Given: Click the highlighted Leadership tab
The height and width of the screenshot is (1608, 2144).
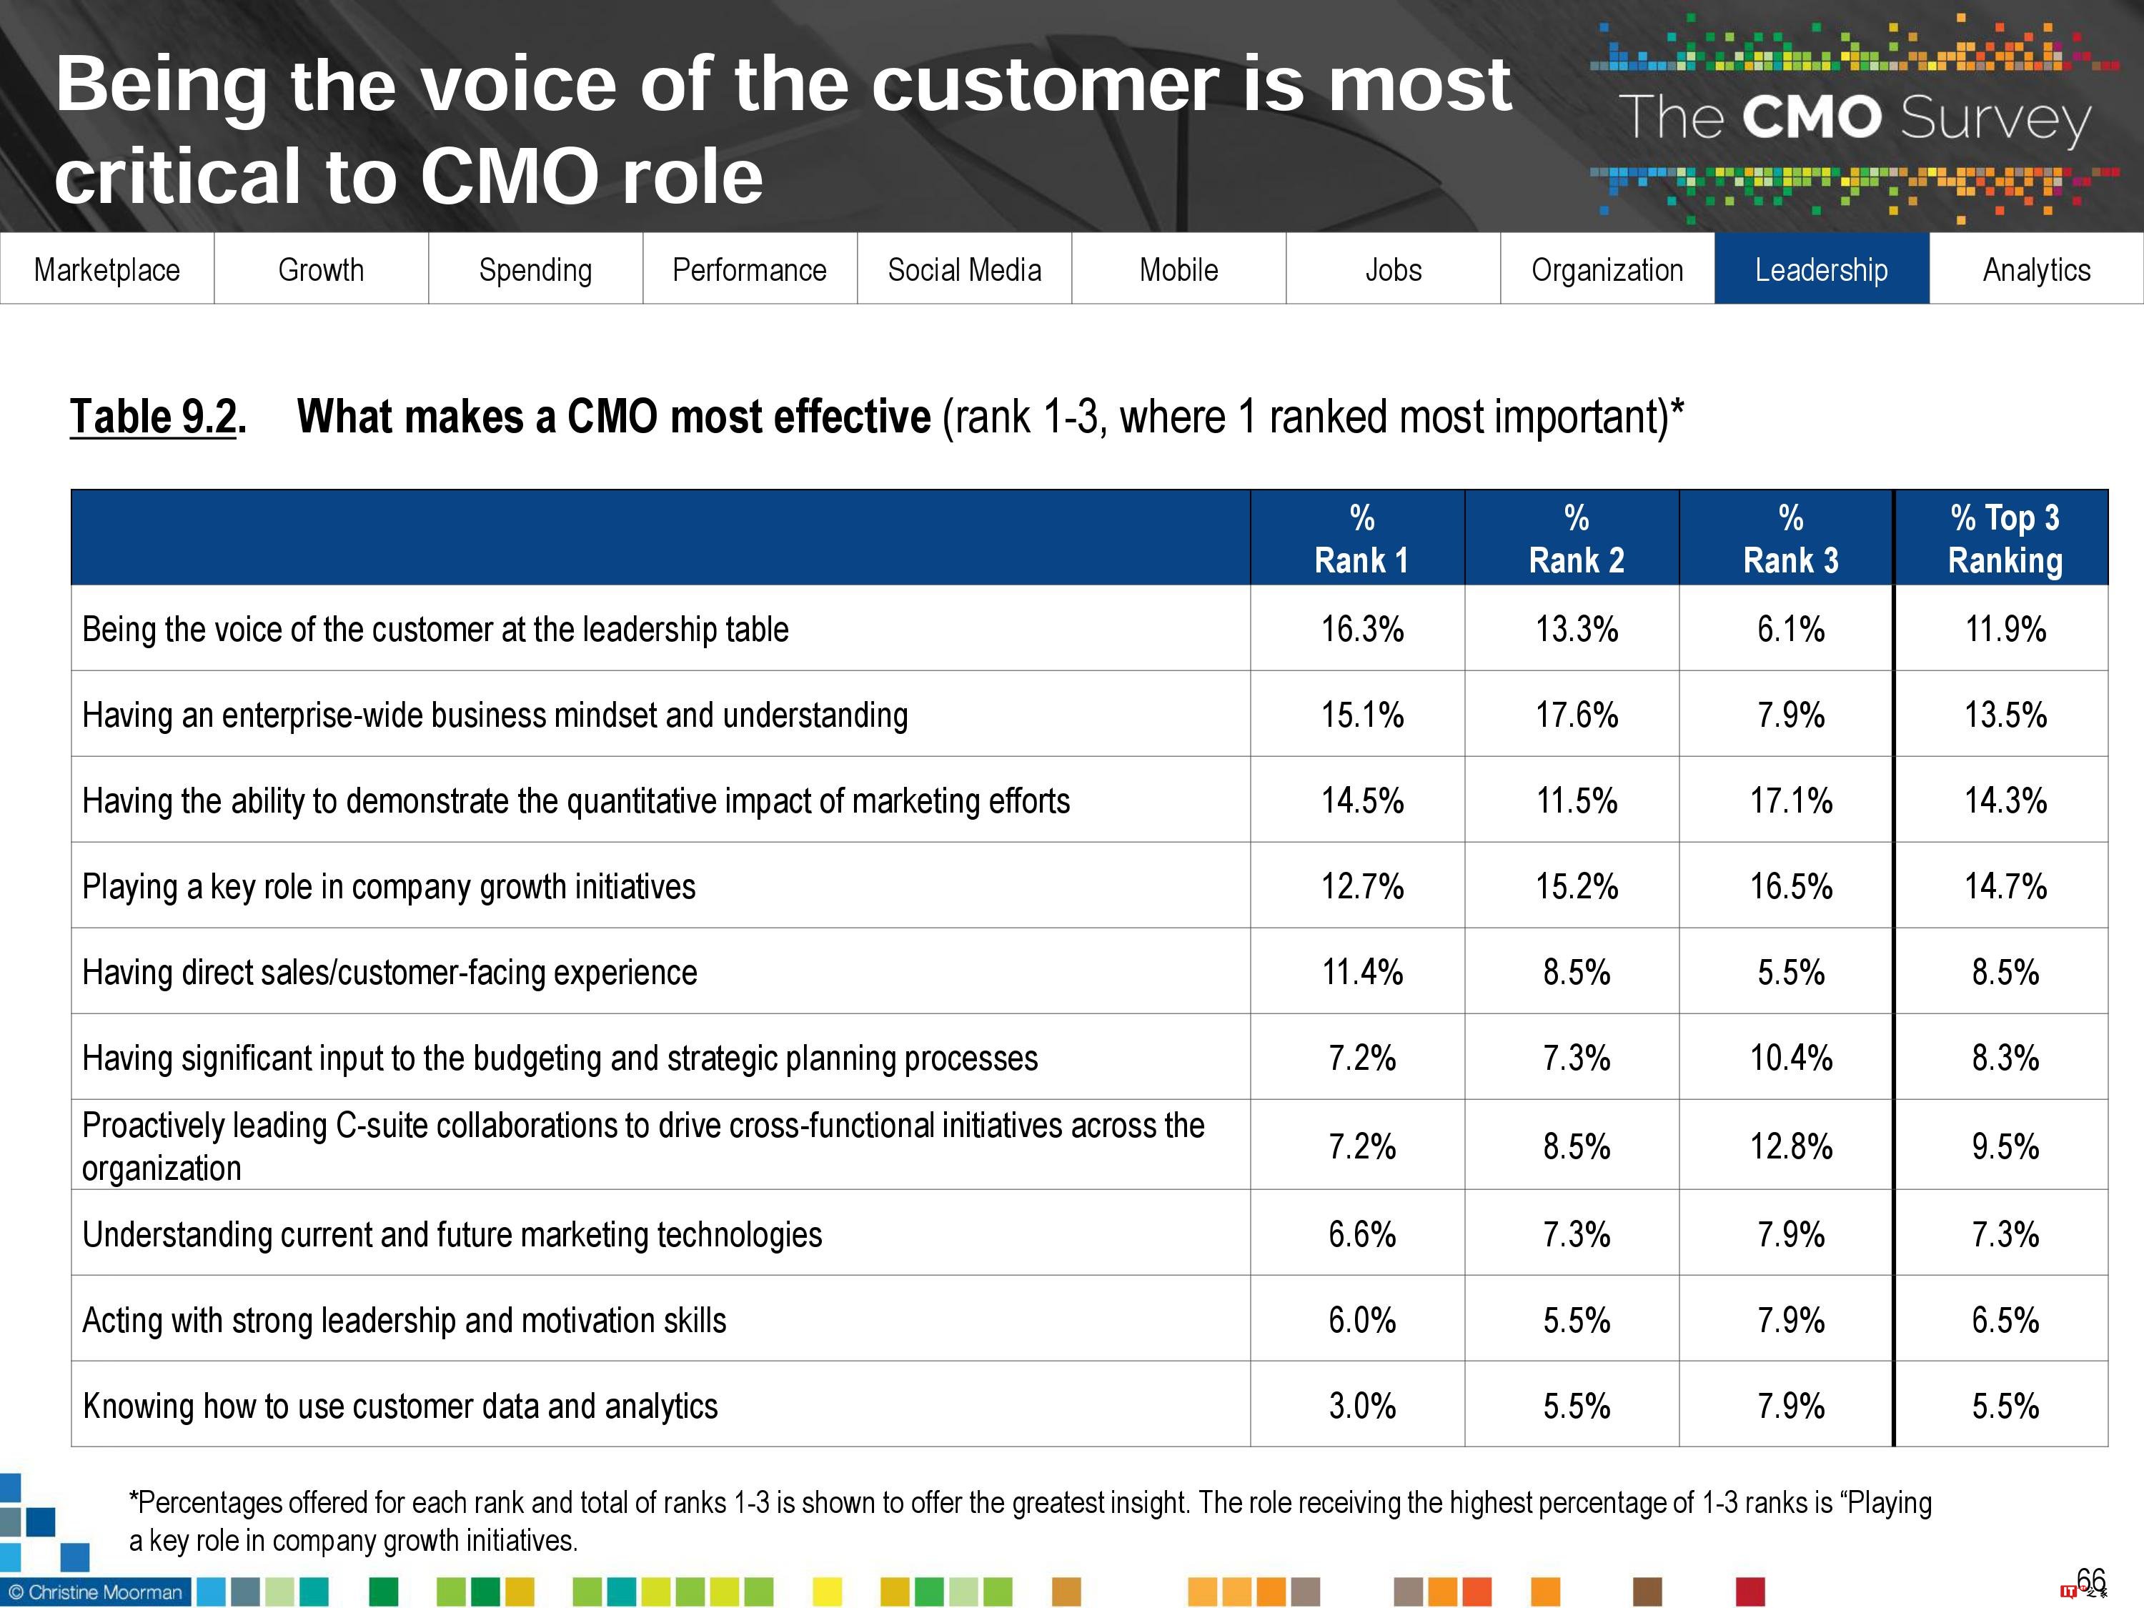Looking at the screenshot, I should (x=1821, y=269).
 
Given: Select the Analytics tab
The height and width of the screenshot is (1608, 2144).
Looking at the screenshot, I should (x=2036, y=269).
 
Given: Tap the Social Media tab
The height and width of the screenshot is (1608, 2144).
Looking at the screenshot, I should (x=964, y=269).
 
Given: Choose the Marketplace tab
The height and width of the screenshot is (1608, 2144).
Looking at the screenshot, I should (x=106, y=269).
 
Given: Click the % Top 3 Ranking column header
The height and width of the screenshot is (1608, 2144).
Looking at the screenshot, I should (x=2005, y=538).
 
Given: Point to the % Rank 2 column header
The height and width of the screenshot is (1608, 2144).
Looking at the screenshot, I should (x=1576, y=538).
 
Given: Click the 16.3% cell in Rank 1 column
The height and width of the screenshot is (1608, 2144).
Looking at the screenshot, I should (x=1362, y=629).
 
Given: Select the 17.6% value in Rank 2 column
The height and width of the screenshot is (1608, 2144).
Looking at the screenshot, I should (x=1576, y=715).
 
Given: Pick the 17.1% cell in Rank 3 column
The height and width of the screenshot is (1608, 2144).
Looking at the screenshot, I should (x=1790, y=800).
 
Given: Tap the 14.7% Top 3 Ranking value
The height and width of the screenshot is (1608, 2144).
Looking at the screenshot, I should (x=2005, y=886).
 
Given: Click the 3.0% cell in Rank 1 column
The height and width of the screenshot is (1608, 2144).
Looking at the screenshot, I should (x=1362, y=1406).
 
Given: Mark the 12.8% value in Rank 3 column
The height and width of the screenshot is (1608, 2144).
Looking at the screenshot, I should (x=1790, y=1146).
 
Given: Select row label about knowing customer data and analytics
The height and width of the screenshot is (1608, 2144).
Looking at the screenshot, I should (x=399, y=1406).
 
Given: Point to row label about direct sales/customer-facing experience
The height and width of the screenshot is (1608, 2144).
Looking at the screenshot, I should (x=389, y=972).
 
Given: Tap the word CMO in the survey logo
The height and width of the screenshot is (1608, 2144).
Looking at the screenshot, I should (x=1810, y=117).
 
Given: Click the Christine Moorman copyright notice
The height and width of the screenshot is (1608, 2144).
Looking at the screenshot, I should (x=95, y=1592).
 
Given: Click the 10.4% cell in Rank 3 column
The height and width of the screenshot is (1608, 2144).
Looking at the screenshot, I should (x=1790, y=1058).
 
